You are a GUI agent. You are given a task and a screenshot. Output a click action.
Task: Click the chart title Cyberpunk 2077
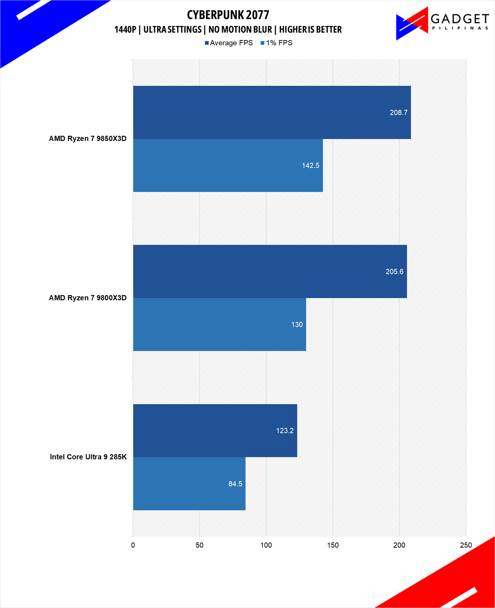click(228, 15)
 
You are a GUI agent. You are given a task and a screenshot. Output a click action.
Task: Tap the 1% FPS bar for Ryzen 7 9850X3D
click(228, 165)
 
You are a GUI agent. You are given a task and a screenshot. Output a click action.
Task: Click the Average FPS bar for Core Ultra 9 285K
click(215, 431)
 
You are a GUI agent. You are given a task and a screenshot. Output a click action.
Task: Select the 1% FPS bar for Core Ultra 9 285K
click(189, 484)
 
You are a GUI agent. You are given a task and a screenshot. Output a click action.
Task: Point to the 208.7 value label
click(398, 112)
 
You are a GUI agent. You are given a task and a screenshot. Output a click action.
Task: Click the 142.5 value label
click(310, 165)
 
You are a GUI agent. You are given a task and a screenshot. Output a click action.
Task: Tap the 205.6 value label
click(394, 272)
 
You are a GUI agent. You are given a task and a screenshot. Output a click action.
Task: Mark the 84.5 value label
click(235, 484)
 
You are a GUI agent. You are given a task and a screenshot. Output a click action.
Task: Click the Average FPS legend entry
click(229, 43)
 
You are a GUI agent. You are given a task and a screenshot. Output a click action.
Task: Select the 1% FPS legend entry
click(277, 43)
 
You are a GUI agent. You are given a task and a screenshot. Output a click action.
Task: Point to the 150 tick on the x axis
click(333, 545)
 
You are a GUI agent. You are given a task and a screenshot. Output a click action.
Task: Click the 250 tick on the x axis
click(466, 545)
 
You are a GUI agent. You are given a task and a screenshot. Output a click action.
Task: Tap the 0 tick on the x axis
click(133, 545)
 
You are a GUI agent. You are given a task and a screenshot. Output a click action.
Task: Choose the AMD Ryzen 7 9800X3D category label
click(88, 298)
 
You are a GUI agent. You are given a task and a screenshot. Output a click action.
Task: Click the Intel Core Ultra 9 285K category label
click(88, 457)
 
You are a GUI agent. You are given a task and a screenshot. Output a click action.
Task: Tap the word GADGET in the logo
click(459, 19)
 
